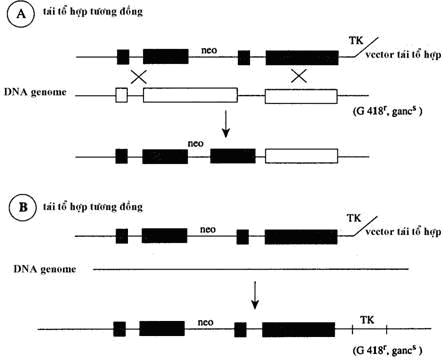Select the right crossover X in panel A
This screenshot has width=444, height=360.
coord(297,76)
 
